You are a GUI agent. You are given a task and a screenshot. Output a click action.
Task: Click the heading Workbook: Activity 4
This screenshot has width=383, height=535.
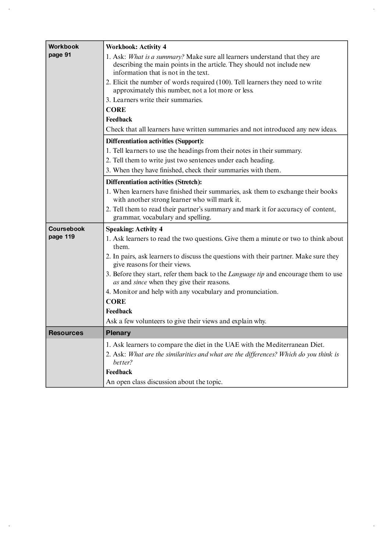tap(136, 47)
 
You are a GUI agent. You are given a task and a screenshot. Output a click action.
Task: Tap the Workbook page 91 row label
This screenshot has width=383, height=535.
tap(64, 50)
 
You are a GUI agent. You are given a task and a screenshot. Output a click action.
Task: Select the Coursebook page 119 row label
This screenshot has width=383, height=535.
tap(67, 233)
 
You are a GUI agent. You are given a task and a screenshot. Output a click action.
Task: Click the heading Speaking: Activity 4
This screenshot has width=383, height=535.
tap(134, 229)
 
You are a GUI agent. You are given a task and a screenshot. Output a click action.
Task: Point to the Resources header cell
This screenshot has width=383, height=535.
tap(66, 333)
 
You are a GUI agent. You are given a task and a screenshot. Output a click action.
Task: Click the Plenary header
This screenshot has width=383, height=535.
tap(118, 333)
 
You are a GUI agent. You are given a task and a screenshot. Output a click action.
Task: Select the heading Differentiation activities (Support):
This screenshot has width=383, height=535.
tap(155, 141)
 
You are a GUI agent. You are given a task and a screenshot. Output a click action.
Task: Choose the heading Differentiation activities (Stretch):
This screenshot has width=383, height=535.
tap(154, 182)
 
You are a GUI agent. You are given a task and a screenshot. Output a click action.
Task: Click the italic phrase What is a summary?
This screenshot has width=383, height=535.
tap(156, 57)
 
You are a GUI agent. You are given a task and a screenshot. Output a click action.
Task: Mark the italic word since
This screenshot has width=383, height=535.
tap(140, 282)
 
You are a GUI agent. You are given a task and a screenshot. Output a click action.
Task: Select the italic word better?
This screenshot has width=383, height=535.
tap(123, 362)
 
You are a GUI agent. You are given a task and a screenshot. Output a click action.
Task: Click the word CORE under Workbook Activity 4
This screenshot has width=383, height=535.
tap(116, 110)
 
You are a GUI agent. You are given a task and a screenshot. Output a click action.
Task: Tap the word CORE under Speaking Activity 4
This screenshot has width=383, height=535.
tap(116, 302)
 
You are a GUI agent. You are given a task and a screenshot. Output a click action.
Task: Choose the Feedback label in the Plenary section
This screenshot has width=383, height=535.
tap(119, 372)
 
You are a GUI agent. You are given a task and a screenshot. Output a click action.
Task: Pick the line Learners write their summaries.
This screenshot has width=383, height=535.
tap(158, 100)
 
